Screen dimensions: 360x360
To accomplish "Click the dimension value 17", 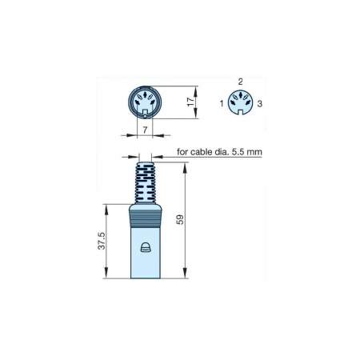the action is click(191, 102).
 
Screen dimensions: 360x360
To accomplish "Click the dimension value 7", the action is click(145, 130).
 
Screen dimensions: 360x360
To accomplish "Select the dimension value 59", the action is click(180, 219).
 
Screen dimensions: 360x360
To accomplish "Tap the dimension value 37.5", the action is click(102, 241).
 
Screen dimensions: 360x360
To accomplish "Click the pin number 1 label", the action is click(222, 103).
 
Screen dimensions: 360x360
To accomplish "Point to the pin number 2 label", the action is click(241, 82).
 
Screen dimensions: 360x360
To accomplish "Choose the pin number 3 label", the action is click(260, 103).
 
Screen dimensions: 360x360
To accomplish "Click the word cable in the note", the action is click(202, 152).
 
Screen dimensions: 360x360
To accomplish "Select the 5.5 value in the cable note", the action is click(238, 152).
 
